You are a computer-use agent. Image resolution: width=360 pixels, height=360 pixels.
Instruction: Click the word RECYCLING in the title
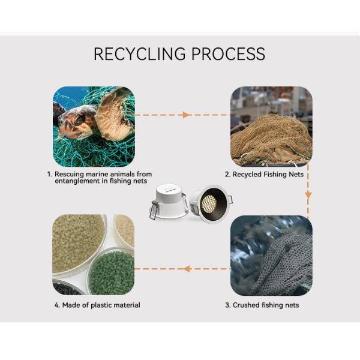(x=139, y=53)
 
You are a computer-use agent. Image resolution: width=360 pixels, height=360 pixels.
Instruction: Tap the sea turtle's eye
(x=77, y=118)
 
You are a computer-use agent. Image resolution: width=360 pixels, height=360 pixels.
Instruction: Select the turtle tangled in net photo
(x=93, y=127)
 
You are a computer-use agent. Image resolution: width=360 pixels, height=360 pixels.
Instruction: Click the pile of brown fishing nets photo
(x=271, y=127)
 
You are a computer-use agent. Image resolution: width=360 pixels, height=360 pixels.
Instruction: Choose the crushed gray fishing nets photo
(x=271, y=255)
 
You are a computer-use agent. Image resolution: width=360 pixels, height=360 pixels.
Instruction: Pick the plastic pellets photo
(x=93, y=255)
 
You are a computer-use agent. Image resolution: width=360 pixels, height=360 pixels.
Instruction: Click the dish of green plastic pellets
(x=112, y=271)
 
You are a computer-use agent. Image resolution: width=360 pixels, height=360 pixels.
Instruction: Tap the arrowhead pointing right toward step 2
(x=187, y=115)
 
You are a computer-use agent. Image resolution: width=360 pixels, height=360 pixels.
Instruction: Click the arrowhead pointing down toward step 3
(x=308, y=195)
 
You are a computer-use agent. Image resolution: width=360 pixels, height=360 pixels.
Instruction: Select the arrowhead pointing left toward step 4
(x=187, y=269)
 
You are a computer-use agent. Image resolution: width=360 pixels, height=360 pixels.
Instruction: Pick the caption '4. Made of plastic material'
(x=97, y=305)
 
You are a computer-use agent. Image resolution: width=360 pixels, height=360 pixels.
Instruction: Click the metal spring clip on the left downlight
(x=154, y=210)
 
